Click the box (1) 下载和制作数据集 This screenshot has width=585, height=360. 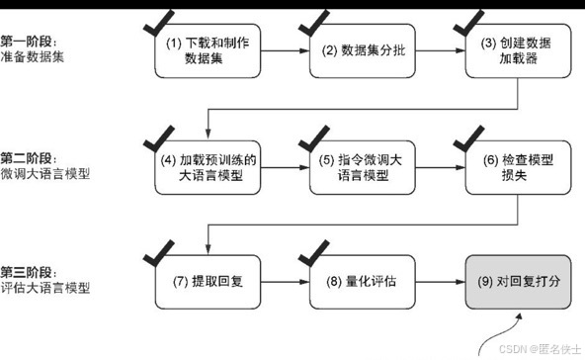click(203, 51)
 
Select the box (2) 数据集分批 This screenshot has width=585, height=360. click(358, 51)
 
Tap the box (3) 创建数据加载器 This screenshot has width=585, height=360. click(512, 51)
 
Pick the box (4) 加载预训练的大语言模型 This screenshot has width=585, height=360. click(203, 168)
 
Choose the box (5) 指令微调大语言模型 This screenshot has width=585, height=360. click(358, 168)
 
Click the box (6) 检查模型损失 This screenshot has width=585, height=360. click(512, 168)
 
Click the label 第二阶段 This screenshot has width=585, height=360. click(29, 157)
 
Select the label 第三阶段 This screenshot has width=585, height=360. click(29, 273)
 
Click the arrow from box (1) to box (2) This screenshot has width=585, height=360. click(280, 51)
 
